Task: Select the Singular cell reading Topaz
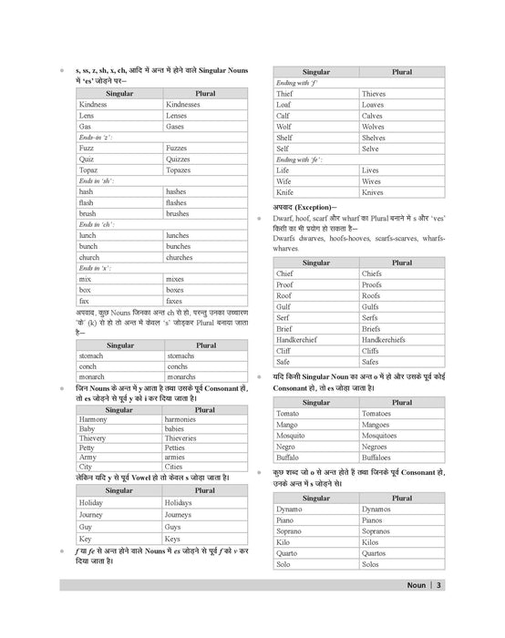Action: tap(88, 170)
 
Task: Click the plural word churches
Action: tap(180, 257)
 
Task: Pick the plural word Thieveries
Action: tap(187, 437)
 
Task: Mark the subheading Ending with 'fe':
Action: tap(300, 159)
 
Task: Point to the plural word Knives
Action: tap(373, 193)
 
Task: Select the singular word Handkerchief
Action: tap(304, 339)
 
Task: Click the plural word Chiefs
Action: tap(372, 273)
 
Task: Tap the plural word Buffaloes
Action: tap(379, 458)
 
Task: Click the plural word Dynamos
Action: tap(376, 509)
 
